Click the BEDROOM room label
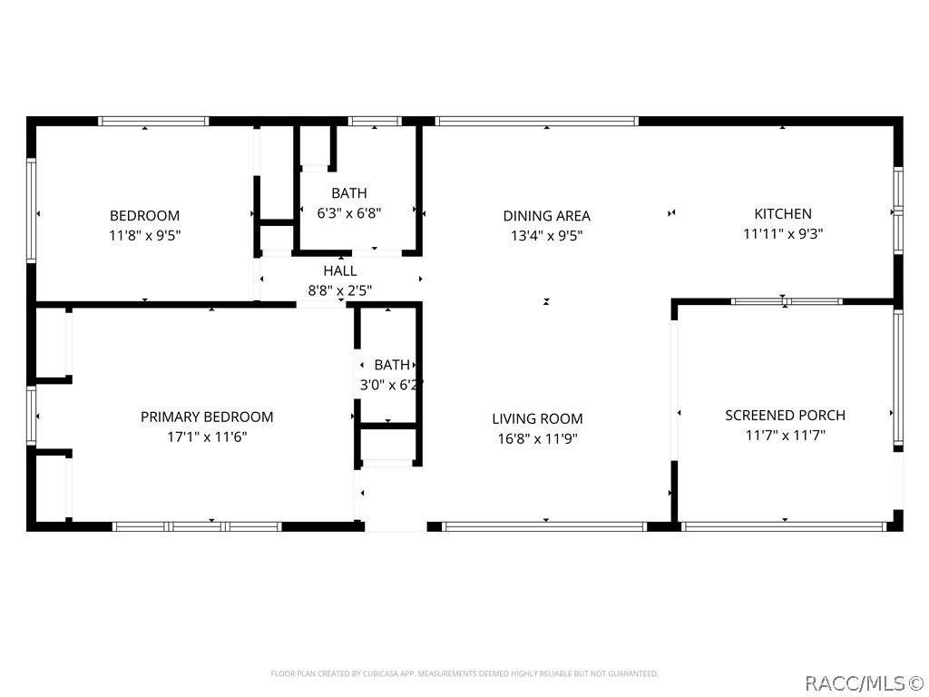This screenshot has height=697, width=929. (x=144, y=216)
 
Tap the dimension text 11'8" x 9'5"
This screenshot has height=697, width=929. (x=144, y=236)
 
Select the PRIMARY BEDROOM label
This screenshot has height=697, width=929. (x=207, y=417)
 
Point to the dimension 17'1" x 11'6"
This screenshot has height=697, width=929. (x=207, y=437)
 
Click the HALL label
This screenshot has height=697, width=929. (x=340, y=270)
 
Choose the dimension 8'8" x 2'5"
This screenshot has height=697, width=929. (x=340, y=290)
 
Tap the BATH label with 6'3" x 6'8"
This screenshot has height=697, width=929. (x=349, y=193)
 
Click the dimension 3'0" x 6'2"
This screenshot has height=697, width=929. (x=391, y=385)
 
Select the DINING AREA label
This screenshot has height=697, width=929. (x=546, y=216)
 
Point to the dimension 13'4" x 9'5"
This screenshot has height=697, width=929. (x=546, y=236)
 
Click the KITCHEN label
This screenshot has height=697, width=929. (x=783, y=214)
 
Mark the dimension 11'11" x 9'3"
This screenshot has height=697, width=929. (x=783, y=234)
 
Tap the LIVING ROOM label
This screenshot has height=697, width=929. (x=537, y=419)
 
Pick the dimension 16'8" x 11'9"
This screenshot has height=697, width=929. (x=537, y=439)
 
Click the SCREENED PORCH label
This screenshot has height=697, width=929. (x=785, y=416)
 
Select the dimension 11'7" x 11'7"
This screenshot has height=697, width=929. (x=785, y=436)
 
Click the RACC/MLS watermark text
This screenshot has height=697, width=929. (x=864, y=681)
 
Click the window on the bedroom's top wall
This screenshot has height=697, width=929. (x=153, y=121)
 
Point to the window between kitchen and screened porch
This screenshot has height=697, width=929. (x=786, y=301)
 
